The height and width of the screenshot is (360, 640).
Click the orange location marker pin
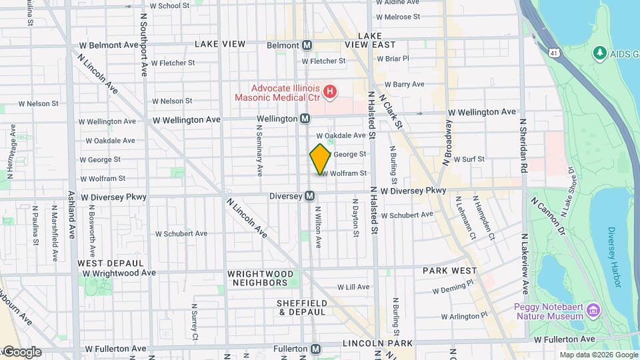[x=320, y=159]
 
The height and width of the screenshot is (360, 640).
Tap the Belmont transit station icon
[x=307, y=45]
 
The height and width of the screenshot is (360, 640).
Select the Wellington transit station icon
[x=305, y=119]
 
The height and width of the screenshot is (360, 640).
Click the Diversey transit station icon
[x=309, y=196]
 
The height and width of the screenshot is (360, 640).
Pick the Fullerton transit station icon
[x=316, y=349]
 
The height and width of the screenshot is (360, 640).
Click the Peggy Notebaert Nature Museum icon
[x=593, y=310]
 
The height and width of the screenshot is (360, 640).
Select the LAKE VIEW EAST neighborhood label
[x=370, y=40]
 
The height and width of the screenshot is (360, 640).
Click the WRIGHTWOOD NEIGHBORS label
[x=260, y=278]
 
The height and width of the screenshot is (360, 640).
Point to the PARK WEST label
[x=450, y=271]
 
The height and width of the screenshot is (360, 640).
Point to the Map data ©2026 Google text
[x=598, y=355]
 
